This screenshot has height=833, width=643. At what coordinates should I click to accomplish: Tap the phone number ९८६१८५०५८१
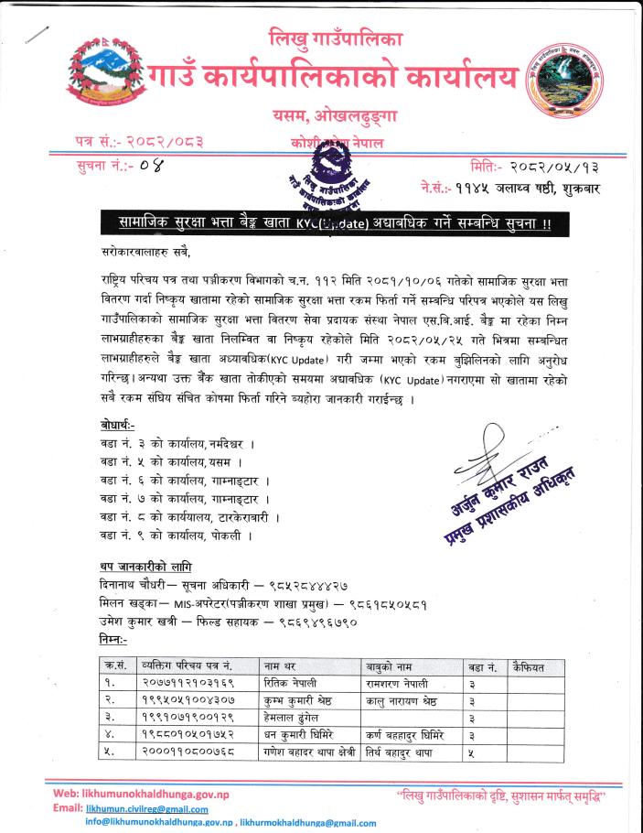(x=388, y=604)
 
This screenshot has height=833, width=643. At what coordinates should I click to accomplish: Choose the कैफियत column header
(x=529, y=666)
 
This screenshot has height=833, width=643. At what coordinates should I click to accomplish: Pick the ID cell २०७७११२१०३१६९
(x=188, y=683)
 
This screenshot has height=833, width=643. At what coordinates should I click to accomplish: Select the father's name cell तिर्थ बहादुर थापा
(x=407, y=752)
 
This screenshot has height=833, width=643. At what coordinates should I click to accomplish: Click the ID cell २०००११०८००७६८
(x=189, y=752)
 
